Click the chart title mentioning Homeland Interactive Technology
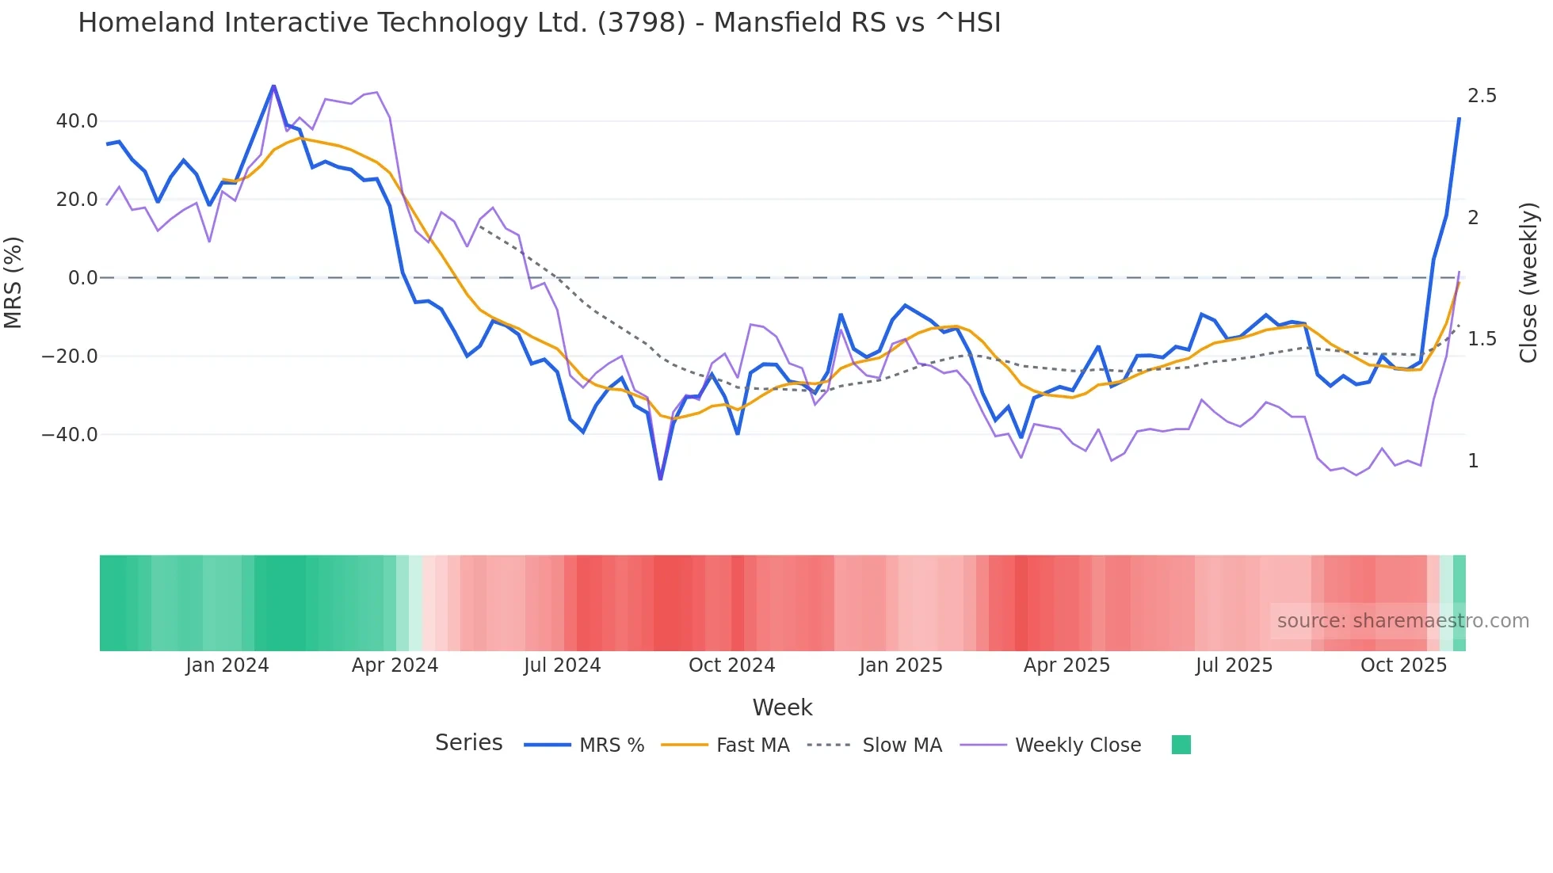[x=539, y=23]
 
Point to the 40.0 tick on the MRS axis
[x=77, y=121]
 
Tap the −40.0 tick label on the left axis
[x=70, y=434]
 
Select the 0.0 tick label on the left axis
[x=83, y=278]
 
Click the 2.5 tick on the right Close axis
[x=1482, y=96]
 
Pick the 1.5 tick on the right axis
[x=1482, y=339]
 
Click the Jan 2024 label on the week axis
[x=227, y=665]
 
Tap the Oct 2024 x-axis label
[x=731, y=665]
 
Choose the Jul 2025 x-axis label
[x=1234, y=665]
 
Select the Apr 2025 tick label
[x=1066, y=665]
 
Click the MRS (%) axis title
[x=13, y=282]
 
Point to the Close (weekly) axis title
[x=1528, y=283]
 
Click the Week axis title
[x=782, y=707]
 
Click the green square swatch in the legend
[x=1181, y=745]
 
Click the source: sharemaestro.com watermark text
[x=1402, y=621]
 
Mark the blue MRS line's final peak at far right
[x=1459, y=119]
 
